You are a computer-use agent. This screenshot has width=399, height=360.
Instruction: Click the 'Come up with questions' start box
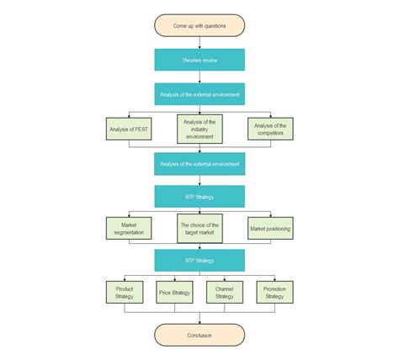click(x=199, y=25)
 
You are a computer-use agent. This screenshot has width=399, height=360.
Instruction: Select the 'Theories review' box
click(x=199, y=60)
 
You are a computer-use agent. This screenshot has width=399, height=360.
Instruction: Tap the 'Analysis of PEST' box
click(x=129, y=130)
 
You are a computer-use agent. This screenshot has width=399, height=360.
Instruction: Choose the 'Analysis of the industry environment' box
click(x=199, y=130)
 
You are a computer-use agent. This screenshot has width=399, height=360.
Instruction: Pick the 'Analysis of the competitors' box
click(x=270, y=130)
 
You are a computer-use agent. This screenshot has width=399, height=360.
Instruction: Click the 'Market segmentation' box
click(x=129, y=228)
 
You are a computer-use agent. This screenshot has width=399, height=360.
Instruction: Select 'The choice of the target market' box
click(x=199, y=228)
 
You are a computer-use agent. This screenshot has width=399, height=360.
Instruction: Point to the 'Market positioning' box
click(x=270, y=228)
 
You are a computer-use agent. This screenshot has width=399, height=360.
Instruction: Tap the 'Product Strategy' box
click(x=125, y=292)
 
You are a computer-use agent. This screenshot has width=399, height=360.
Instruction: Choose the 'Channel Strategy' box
click(x=224, y=292)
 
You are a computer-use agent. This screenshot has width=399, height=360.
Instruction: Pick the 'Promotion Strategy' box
click(x=274, y=292)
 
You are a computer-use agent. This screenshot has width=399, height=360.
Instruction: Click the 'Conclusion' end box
click(x=199, y=335)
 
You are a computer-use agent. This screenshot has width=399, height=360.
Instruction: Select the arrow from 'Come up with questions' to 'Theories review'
click(x=199, y=42)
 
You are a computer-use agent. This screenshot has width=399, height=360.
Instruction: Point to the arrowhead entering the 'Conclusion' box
click(x=199, y=322)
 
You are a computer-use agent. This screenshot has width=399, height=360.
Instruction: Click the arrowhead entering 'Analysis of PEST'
click(x=129, y=116)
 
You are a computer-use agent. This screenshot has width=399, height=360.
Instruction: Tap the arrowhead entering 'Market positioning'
click(x=270, y=215)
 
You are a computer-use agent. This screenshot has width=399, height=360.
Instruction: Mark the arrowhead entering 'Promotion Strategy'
click(x=274, y=279)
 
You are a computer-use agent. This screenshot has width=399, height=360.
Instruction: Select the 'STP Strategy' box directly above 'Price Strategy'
click(x=199, y=260)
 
